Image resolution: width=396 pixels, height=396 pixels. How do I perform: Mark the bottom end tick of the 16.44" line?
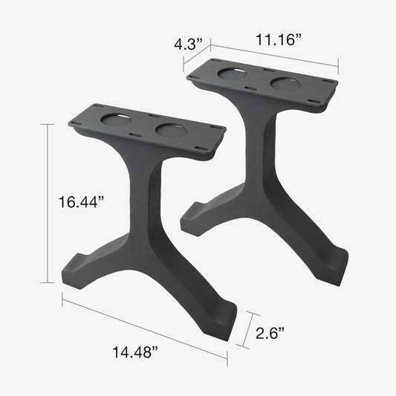tap(51, 282)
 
